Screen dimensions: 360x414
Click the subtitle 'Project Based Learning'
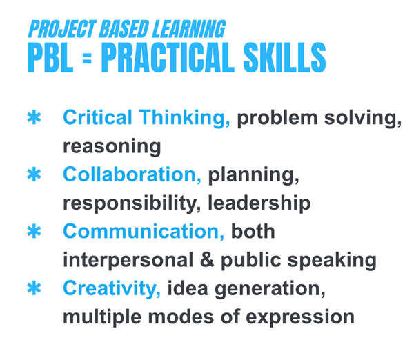tap(126, 30)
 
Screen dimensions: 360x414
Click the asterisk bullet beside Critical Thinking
tap(33, 118)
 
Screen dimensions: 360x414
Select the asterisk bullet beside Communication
tap(33, 232)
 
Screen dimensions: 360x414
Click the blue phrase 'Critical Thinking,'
tap(146, 118)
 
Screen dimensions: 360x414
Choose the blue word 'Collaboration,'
tap(132, 175)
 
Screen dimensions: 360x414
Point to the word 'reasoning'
tap(112, 147)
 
